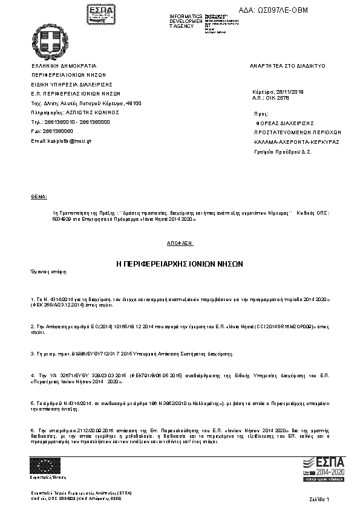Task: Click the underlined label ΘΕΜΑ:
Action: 38,197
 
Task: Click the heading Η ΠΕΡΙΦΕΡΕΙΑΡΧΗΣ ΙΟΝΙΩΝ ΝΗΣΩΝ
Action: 179,264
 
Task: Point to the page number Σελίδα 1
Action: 318,499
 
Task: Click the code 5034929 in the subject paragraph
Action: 62,221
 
